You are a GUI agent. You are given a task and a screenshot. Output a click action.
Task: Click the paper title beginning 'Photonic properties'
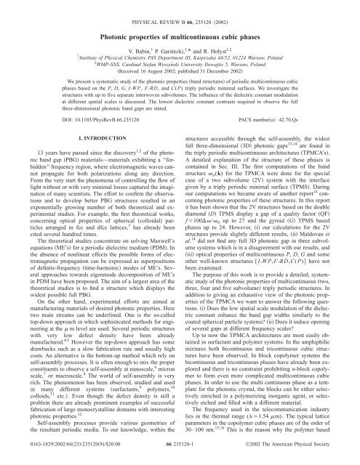tap(180, 31)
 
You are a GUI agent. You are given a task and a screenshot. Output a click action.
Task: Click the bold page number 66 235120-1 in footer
tap(180, 455)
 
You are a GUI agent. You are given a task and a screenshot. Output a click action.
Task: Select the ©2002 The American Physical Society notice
tap(302, 455)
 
